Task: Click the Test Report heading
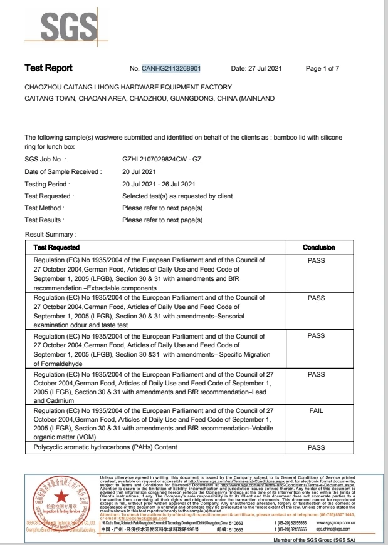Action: click(x=48, y=68)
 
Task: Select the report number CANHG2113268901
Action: click(x=171, y=68)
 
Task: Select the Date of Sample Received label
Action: click(x=62, y=172)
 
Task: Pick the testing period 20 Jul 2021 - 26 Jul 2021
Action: click(x=159, y=184)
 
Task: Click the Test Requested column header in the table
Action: click(x=56, y=247)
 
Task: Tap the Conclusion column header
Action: click(x=318, y=247)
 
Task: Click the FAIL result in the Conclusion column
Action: click(x=317, y=410)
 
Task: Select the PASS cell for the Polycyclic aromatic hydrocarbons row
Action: click(x=317, y=448)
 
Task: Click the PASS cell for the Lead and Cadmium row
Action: click(x=317, y=374)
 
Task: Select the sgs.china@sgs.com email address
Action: click(x=337, y=529)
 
